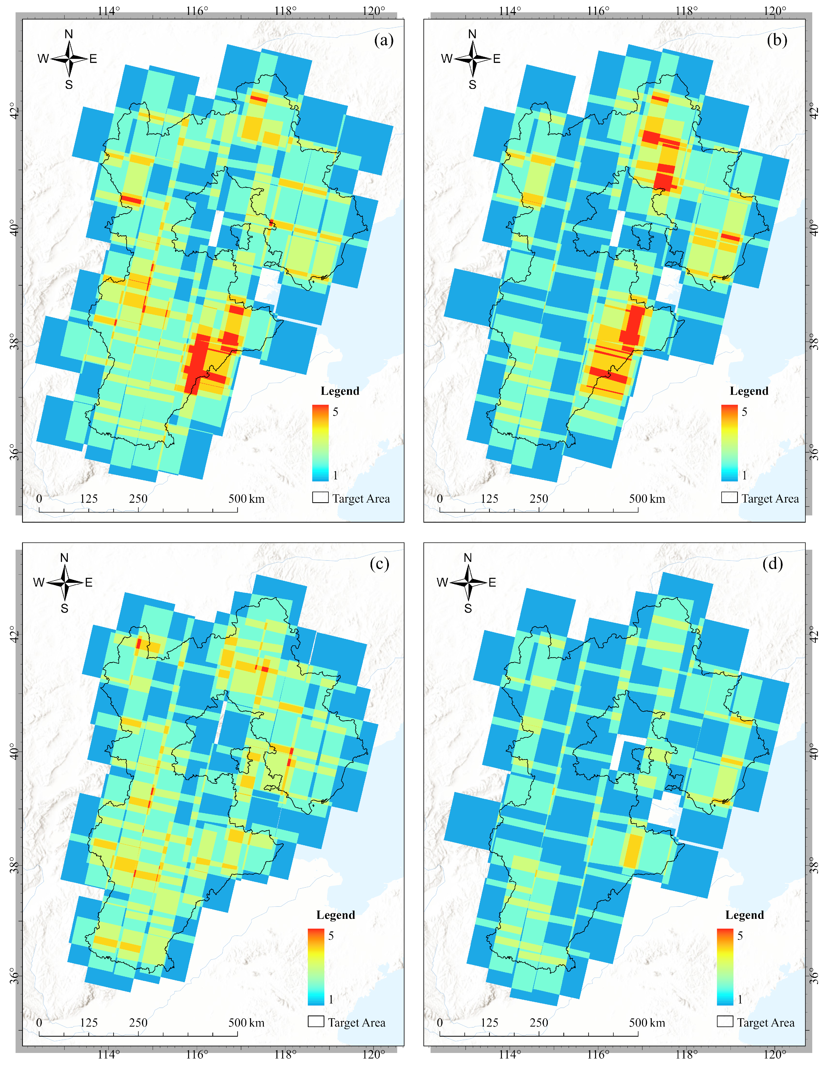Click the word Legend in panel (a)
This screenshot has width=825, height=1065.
340,391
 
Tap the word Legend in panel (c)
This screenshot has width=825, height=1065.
335,915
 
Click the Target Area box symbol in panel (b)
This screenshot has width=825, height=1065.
729,497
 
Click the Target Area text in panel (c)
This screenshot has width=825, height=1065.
357,1023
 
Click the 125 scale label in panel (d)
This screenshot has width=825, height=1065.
490,1023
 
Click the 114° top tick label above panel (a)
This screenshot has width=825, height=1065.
108,11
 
